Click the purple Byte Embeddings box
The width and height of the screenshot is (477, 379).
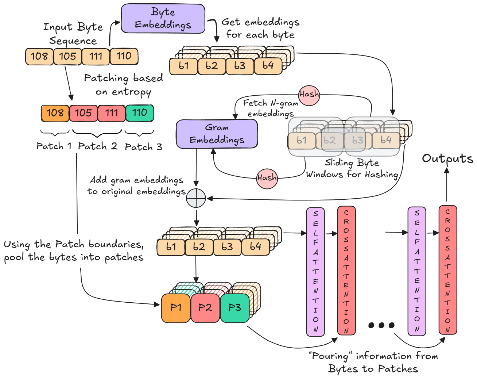point(163,19)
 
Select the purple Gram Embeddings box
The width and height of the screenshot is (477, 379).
point(217,134)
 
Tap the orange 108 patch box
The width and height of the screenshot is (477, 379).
point(55,113)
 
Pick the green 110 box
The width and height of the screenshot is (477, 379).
point(140,113)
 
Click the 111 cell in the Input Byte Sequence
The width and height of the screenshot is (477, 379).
point(96,56)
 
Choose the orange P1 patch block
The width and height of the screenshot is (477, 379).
point(176,308)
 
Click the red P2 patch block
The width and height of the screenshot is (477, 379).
point(205,308)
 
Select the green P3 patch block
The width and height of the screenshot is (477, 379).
point(234,308)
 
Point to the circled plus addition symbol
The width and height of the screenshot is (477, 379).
point(196,198)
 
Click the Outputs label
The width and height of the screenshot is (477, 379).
point(447,158)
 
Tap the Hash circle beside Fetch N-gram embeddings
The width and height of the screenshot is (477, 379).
point(309,95)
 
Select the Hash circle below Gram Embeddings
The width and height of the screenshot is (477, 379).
point(267,178)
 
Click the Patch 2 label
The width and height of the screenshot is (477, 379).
point(97,146)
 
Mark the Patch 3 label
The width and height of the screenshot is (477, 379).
point(143,147)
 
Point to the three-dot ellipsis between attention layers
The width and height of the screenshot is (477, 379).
point(381,325)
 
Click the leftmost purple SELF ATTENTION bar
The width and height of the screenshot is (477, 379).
point(315,271)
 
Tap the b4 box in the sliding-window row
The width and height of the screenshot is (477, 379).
point(386,140)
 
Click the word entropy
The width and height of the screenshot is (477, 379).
point(131,92)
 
